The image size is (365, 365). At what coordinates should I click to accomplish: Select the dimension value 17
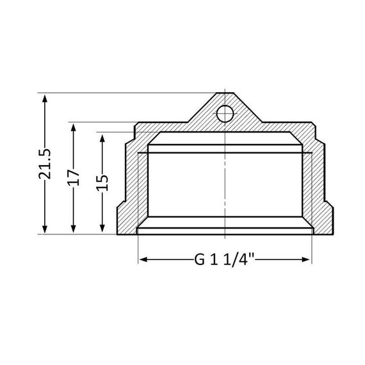pos(74,177)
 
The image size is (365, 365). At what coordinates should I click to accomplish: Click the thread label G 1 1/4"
pos(224,259)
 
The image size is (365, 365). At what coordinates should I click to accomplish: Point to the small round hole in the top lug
pos(224,114)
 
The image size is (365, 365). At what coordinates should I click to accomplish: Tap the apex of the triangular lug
pos(225,95)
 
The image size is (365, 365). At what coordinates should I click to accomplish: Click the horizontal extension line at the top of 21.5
pos(128,93)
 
